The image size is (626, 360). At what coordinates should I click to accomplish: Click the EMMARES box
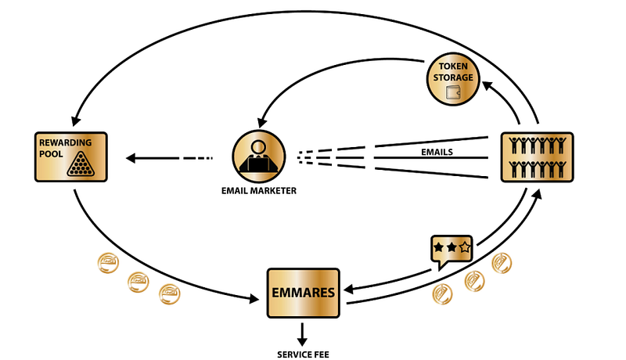304,293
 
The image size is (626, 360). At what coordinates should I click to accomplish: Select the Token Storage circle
452,80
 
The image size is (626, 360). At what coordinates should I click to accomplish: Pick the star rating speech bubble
452,249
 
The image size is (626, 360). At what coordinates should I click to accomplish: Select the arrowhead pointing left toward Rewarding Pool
131,158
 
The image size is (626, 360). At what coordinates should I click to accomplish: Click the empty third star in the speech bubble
465,247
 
